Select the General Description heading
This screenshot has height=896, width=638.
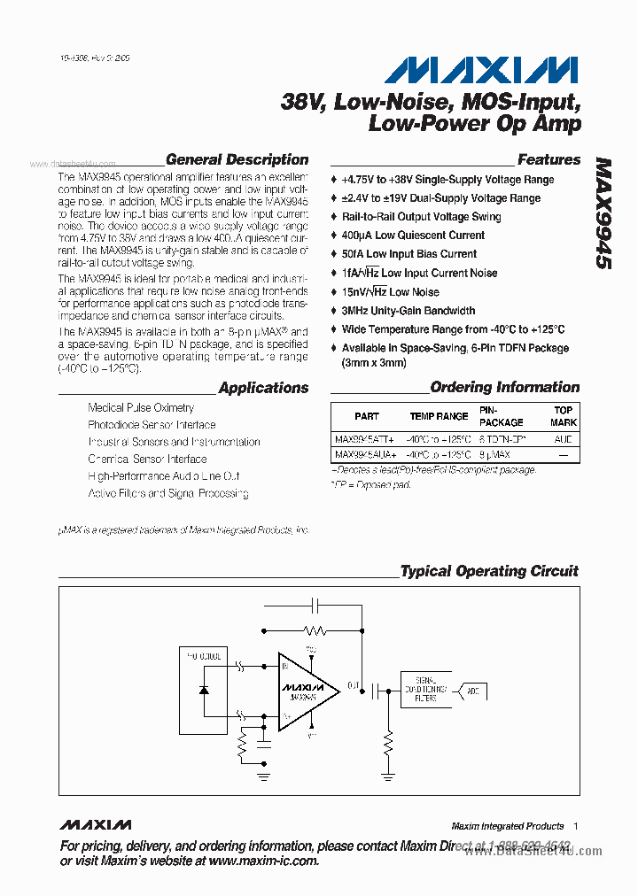point(237,160)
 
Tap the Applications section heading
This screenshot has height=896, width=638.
point(263,388)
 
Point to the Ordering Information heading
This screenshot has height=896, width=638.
point(504,387)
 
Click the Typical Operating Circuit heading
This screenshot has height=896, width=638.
point(489,571)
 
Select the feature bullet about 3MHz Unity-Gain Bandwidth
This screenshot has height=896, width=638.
point(408,311)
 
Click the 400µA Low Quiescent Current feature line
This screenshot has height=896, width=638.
point(413,236)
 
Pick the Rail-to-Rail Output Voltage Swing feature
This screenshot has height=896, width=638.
point(421,217)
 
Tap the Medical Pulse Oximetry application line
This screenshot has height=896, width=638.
point(141,408)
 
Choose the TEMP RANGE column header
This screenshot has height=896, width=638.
point(439,416)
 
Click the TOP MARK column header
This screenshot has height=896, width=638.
point(564,416)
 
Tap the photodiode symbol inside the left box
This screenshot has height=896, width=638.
point(204,690)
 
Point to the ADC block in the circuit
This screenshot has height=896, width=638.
point(473,690)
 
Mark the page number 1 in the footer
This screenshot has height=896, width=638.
point(575,825)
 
